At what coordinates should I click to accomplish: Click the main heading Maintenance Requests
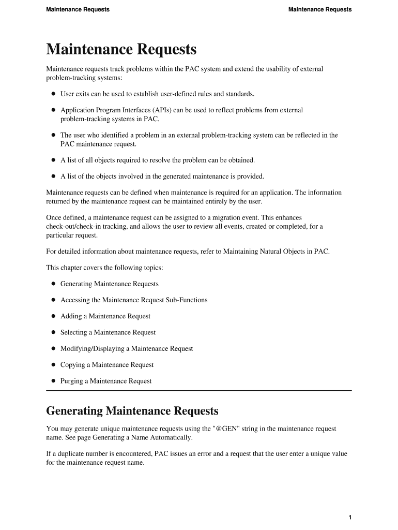tap(121, 50)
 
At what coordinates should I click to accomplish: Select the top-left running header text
tap(78, 9)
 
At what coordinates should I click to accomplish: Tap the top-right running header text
tap(319, 9)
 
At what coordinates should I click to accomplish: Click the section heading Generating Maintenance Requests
tap(132, 411)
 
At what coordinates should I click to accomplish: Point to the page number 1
tap(350, 518)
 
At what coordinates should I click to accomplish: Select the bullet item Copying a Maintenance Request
tap(107, 365)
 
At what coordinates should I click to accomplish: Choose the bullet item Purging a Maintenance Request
tap(106, 381)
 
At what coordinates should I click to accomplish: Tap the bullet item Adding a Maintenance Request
tap(105, 316)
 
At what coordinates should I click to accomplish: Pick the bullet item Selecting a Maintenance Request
tap(108, 332)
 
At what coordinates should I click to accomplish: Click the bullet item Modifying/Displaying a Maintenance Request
tap(127, 349)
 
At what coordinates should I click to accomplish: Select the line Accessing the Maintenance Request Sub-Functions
tap(134, 300)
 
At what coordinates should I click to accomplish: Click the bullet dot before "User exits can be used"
tap(53, 94)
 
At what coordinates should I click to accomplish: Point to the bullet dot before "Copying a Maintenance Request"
tap(53, 365)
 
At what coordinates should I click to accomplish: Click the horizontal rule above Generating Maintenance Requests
tap(199, 390)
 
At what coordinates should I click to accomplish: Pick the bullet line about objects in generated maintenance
tap(162, 176)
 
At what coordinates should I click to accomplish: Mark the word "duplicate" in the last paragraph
tap(65, 454)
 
